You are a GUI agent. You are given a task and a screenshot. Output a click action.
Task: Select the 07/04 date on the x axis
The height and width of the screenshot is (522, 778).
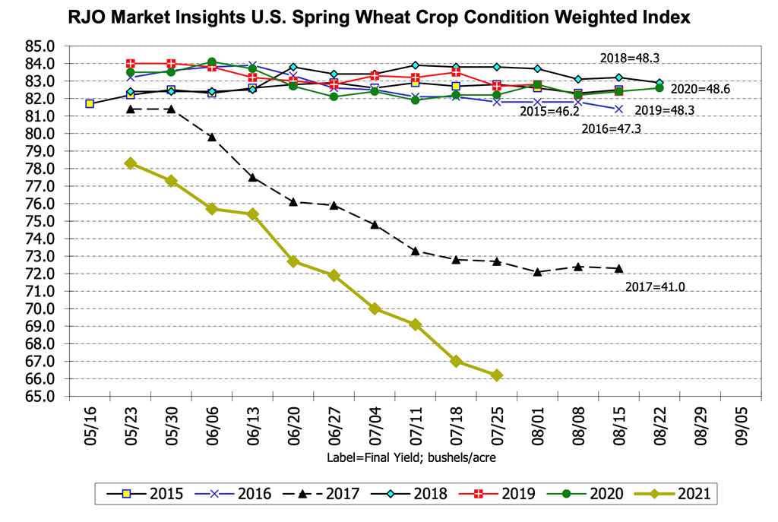375,424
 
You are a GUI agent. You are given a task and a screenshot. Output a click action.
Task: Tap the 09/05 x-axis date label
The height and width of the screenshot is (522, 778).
742,424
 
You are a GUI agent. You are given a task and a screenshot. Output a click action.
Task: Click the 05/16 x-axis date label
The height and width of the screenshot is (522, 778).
90,424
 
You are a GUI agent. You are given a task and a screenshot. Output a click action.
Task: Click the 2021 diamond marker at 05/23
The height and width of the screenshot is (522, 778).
131,163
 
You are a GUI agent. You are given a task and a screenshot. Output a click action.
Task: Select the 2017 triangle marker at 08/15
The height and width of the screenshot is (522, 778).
618,268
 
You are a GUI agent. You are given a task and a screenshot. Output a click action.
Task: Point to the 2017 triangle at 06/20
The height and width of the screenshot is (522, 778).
293,201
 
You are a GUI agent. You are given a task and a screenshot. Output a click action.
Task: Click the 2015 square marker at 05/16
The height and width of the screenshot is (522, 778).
90,103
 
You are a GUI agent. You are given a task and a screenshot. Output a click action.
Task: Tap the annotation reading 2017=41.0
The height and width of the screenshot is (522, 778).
654,287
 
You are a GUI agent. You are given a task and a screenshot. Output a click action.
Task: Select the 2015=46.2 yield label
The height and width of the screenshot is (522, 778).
549,112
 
